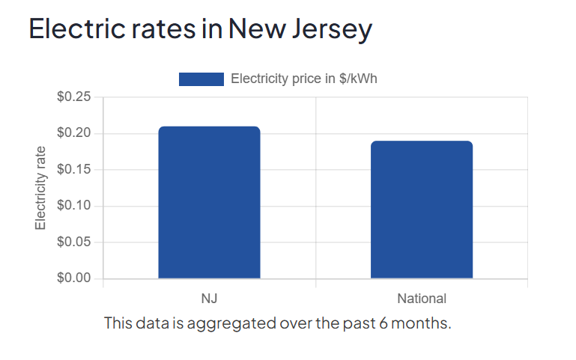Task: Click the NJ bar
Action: tap(209, 203)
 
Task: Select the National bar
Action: tap(422, 210)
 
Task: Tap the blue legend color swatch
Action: tap(201, 79)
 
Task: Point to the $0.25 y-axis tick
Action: tap(73, 97)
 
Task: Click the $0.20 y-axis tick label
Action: tap(73, 133)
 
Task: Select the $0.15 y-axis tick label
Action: tap(73, 170)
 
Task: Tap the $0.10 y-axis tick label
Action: tap(73, 206)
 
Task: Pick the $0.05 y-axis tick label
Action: tap(73, 242)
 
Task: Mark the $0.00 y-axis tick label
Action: tap(73, 278)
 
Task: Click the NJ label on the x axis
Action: tap(209, 299)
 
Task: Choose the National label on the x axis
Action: tap(422, 299)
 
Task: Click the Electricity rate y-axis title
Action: tap(41, 188)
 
